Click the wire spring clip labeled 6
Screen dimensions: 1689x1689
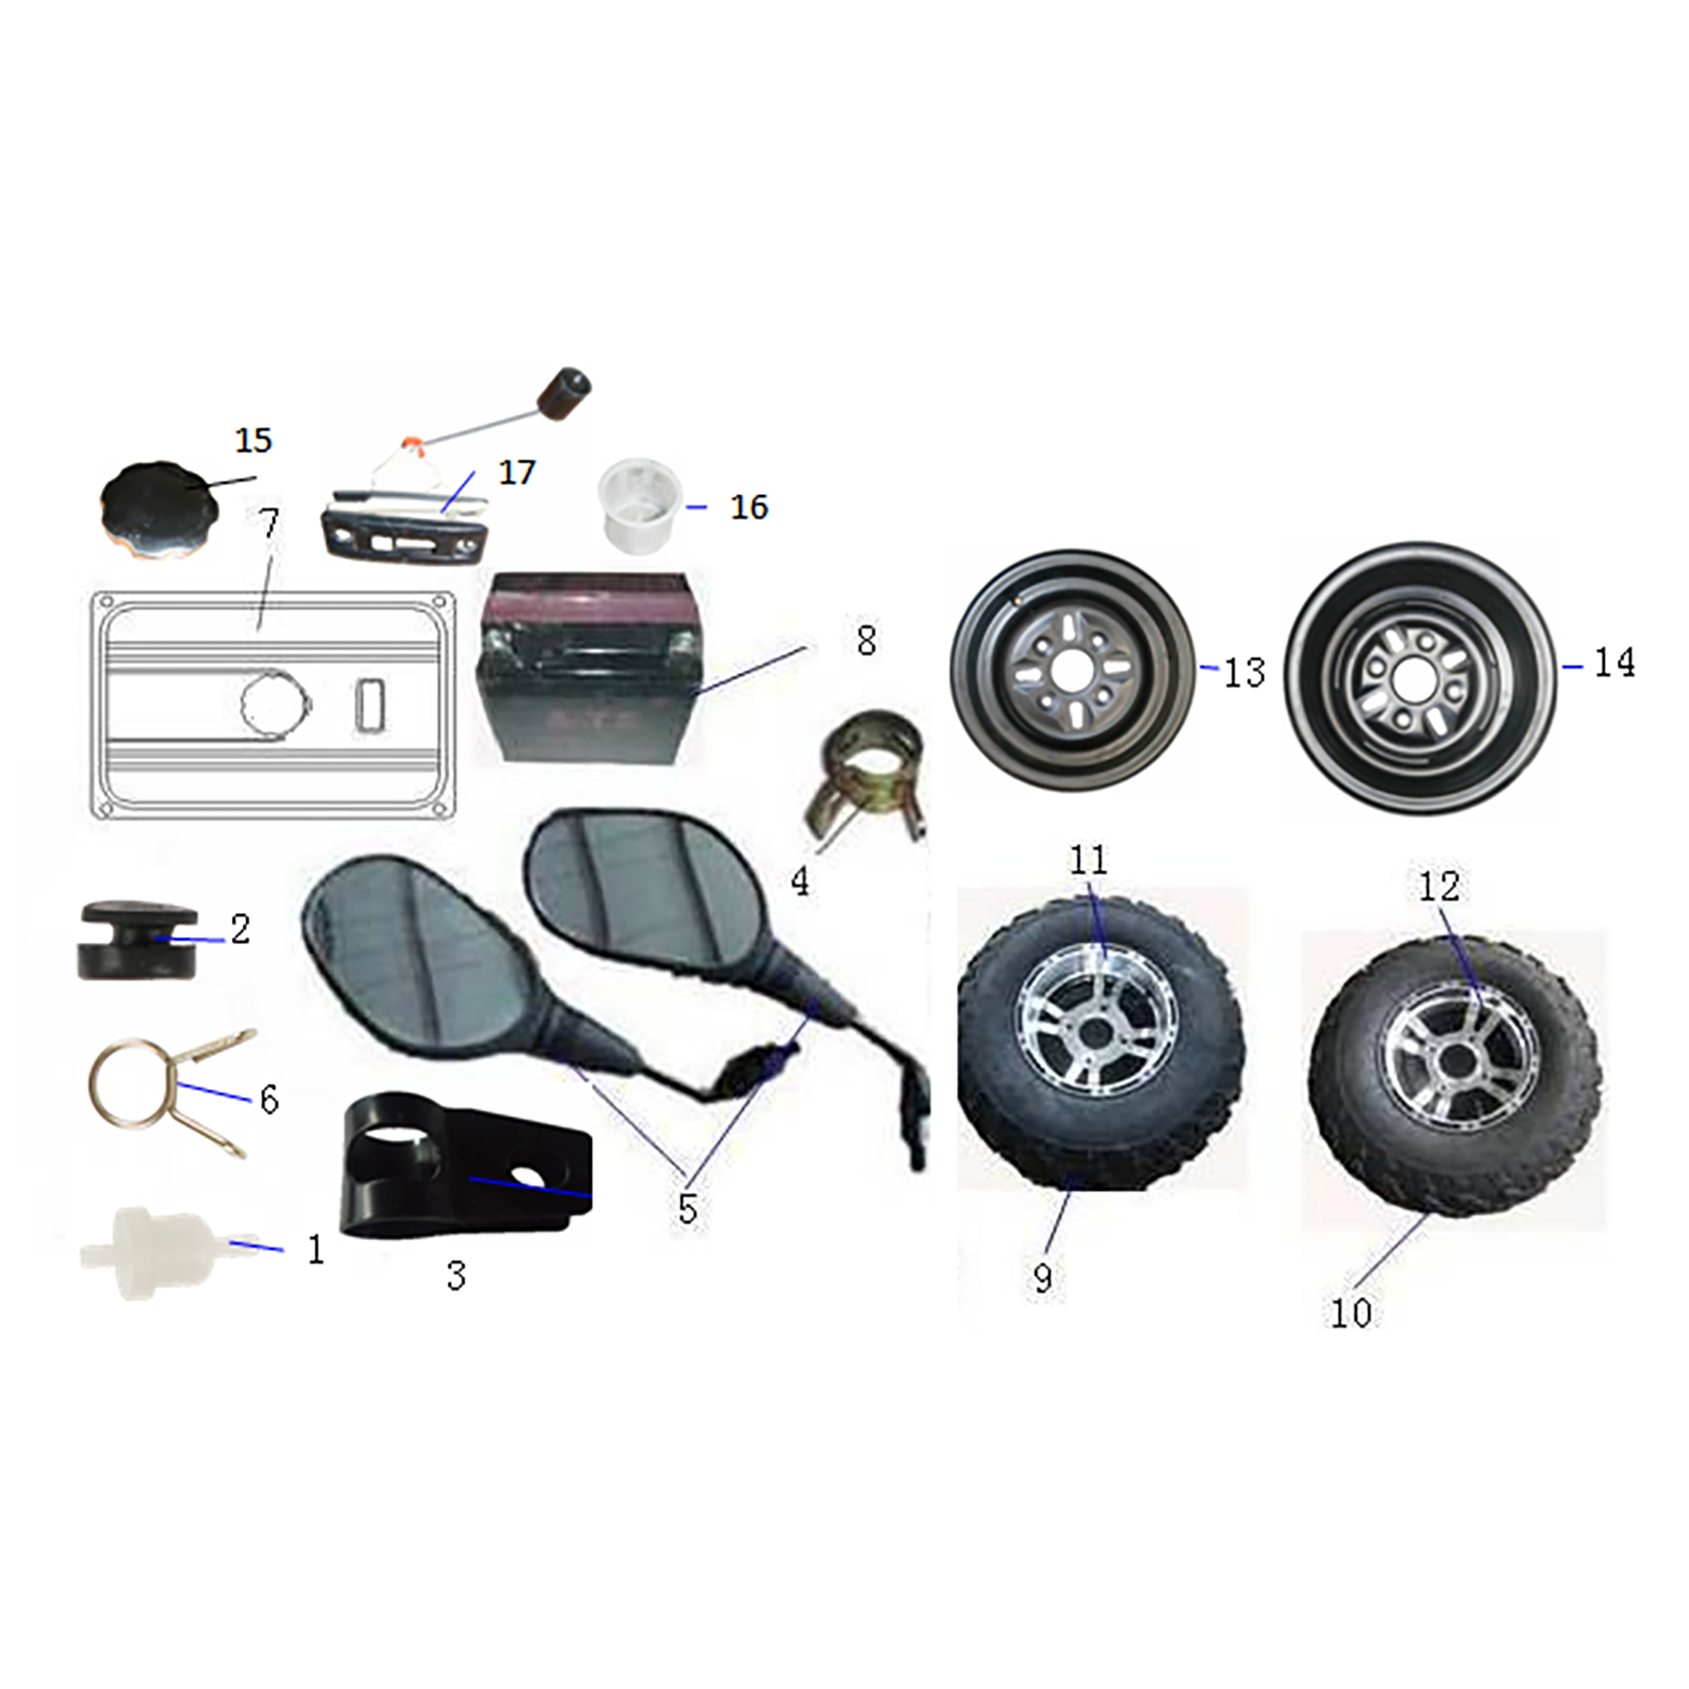click(x=171, y=1093)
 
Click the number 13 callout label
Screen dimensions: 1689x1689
click(x=1244, y=673)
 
